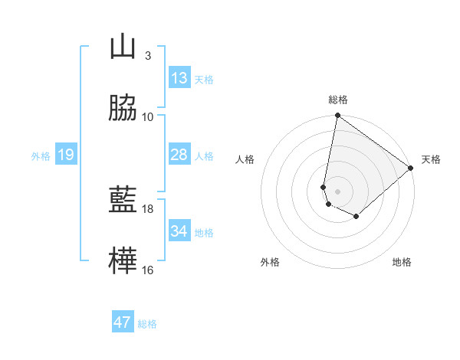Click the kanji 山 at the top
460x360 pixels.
click(x=123, y=47)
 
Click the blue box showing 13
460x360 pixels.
click(x=179, y=78)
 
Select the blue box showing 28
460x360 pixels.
click(x=179, y=155)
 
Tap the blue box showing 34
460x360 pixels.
click(x=179, y=231)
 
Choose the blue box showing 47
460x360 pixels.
click(x=123, y=322)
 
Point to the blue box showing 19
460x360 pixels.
click(x=66, y=155)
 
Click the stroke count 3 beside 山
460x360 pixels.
click(x=148, y=56)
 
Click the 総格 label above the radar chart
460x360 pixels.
click(x=338, y=100)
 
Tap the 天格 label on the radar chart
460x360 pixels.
click(x=431, y=159)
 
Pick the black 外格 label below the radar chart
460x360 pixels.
click(x=270, y=262)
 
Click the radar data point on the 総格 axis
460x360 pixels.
click(x=337, y=116)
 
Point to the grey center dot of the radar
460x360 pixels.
click(x=337, y=191)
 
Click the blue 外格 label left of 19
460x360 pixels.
click(x=41, y=155)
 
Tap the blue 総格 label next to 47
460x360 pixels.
click(x=147, y=324)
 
